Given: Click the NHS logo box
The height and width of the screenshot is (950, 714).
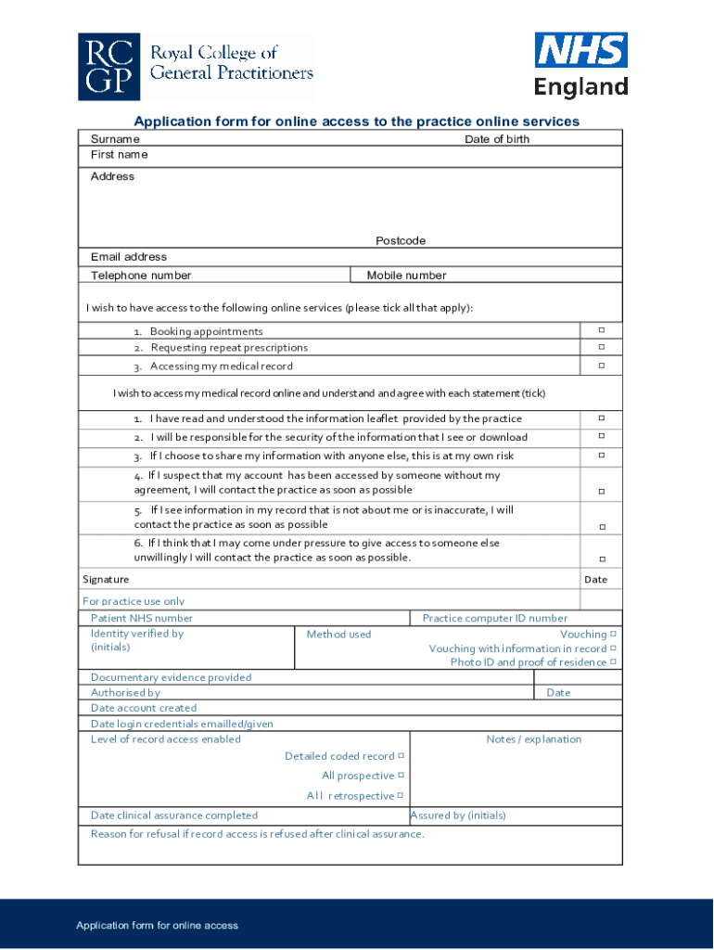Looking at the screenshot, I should (x=580, y=50).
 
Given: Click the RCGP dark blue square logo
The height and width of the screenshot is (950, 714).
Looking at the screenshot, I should (x=109, y=68).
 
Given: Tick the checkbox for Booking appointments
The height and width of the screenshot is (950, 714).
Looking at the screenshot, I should (x=601, y=330).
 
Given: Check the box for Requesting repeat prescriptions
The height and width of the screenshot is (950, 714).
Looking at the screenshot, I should (x=601, y=347).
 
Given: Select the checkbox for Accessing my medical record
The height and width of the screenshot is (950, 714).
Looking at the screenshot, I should (x=601, y=366).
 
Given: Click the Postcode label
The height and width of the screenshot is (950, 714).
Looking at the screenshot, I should (x=401, y=241).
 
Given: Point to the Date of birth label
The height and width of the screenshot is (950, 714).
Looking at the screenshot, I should (x=497, y=139).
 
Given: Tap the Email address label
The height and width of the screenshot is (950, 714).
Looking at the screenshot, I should (x=129, y=257).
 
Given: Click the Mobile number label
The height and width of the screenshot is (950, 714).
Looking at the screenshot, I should (x=406, y=276).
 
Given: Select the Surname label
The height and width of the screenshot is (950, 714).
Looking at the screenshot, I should (x=115, y=139).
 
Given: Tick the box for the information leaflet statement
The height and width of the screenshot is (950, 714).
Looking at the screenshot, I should (x=601, y=418).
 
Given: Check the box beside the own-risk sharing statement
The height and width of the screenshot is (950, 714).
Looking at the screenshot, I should (x=601, y=456).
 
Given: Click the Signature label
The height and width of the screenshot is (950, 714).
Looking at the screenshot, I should (x=106, y=580).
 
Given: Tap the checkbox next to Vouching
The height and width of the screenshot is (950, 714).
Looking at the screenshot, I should (x=614, y=635).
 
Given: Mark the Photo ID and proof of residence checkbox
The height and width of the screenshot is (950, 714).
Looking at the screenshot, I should (x=614, y=662).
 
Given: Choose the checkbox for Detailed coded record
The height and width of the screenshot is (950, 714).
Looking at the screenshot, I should (x=401, y=756).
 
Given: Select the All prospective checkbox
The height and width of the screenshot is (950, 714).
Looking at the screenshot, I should (x=401, y=776).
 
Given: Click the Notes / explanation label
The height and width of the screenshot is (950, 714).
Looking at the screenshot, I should (x=534, y=739).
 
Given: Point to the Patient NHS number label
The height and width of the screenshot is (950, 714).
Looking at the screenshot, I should (x=142, y=618).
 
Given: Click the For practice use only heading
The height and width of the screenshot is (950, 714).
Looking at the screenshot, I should (x=134, y=601).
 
